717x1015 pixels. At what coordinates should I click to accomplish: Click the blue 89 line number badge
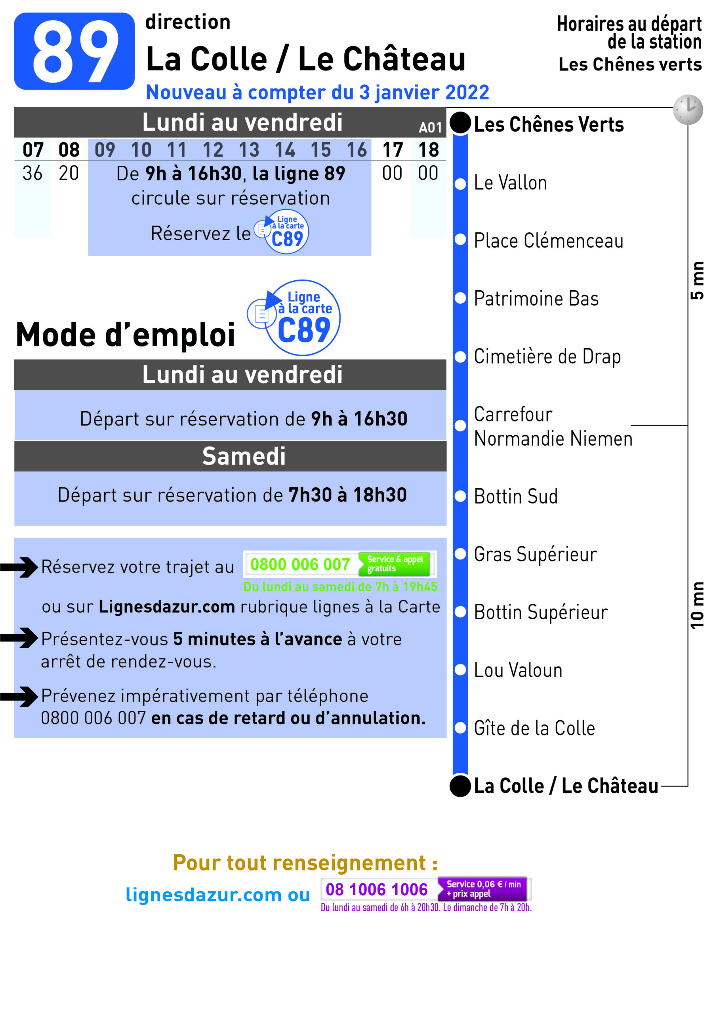(x=74, y=51)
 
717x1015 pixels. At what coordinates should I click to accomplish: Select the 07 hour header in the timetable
(x=33, y=150)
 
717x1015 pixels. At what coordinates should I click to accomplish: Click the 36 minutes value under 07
(x=33, y=173)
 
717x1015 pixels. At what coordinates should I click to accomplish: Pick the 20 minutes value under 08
(x=69, y=173)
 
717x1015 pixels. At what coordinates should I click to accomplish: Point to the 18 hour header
(x=428, y=150)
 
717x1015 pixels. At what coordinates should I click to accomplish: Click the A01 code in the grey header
(x=430, y=128)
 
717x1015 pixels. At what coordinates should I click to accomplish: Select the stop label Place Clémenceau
(x=548, y=241)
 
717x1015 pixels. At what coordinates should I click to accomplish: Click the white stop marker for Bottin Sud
(x=460, y=496)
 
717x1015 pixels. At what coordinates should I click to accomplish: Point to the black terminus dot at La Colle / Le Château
(x=460, y=786)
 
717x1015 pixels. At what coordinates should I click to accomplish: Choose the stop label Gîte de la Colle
(x=534, y=728)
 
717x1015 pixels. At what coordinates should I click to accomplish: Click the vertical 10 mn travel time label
(x=697, y=605)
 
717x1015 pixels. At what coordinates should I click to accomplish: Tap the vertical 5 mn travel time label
(x=697, y=281)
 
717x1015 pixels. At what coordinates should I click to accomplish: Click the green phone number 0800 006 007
(x=300, y=565)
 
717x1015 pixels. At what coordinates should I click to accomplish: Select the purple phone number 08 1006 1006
(x=376, y=889)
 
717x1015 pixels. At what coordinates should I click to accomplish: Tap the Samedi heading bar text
(x=244, y=456)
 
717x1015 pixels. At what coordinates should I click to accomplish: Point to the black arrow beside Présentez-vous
(x=20, y=638)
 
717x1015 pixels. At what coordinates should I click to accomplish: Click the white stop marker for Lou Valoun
(x=460, y=670)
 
